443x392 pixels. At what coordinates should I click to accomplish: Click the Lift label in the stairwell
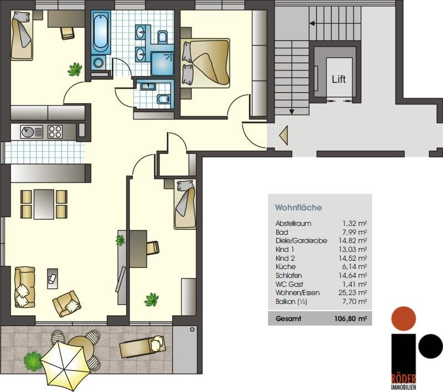(x=339, y=79)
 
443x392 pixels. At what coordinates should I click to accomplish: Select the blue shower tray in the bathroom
(x=162, y=64)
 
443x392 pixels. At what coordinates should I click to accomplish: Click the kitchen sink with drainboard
(x=32, y=132)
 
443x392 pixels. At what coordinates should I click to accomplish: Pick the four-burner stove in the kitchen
(x=55, y=132)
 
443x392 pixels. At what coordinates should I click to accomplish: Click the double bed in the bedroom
(x=205, y=63)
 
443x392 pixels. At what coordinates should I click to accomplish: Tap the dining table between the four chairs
(x=44, y=204)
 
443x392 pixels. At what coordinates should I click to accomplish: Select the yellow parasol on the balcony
(x=65, y=363)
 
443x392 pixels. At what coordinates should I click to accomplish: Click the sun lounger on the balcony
(x=142, y=347)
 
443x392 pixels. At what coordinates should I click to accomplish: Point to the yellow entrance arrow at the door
(x=284, y=136)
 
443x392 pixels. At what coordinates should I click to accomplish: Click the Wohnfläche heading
(x=298, y=208)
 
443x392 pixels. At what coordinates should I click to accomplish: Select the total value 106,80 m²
(x=351, y=319)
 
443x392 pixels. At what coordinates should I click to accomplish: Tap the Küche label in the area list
(x=286, y=267)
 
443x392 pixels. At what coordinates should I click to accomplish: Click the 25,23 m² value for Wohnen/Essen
(x=353, y=292)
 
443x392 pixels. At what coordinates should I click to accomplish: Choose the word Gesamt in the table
(x=288, y=319)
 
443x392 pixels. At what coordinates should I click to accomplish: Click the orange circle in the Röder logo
(x=404, y=318)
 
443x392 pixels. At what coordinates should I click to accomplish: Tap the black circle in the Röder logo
(x=431, y=346)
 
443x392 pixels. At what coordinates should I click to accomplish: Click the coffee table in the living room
(x=52, y=278)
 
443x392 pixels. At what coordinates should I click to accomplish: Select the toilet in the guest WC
(x=163, y=99)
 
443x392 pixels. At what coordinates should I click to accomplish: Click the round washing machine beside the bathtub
(x=99, y=63)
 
